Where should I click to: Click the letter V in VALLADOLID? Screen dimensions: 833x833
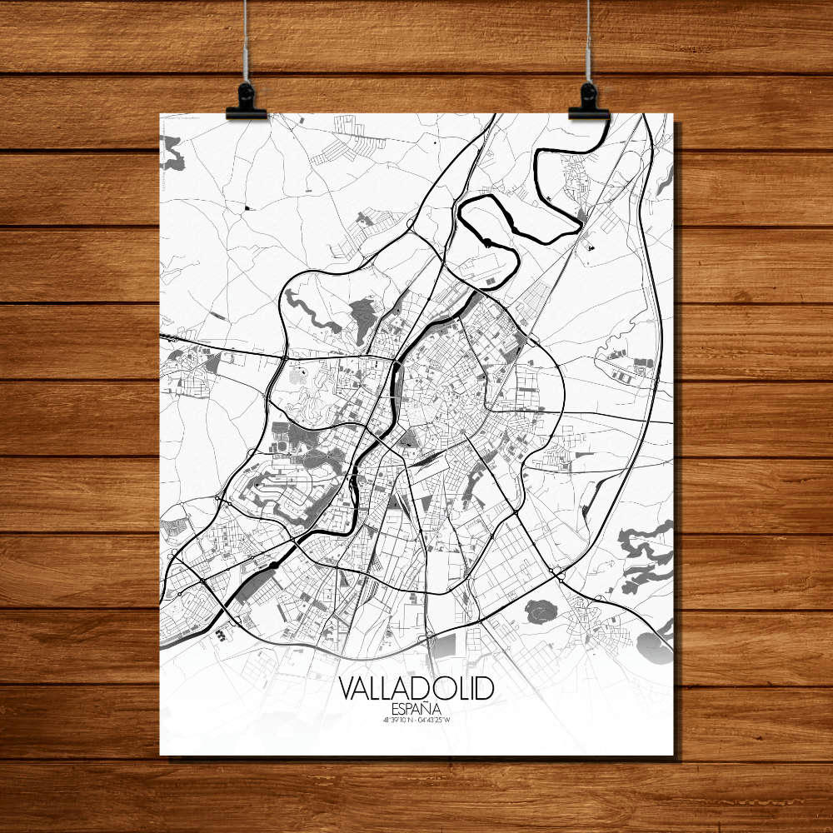point(347,688)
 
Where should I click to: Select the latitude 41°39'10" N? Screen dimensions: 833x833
point(394,721)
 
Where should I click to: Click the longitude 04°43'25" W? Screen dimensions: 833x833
point(439,721)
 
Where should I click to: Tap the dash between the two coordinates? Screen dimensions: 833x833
point(416,721)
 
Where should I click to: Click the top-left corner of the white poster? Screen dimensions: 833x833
point(160,114)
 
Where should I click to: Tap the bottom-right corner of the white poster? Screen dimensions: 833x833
point(672,755)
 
